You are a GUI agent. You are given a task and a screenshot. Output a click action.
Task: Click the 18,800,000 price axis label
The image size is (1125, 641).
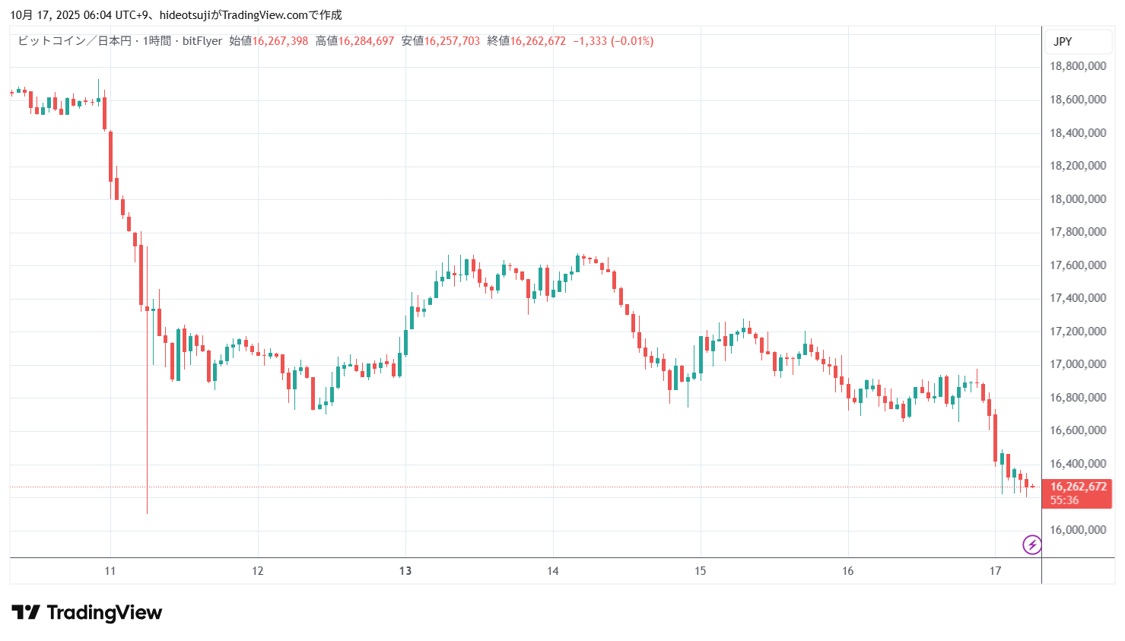click(1077, 66)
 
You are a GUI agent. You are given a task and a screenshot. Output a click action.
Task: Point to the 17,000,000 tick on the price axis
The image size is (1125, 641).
click(1077, 364)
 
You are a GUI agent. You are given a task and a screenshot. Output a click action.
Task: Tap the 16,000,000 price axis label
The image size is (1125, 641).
click(1077, 530)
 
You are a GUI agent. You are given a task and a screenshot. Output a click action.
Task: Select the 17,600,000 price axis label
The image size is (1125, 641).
click(1077, 265)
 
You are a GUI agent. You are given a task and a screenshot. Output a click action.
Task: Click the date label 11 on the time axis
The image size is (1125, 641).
click(110, 571)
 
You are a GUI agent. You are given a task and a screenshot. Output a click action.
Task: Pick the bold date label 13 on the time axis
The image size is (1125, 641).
click(405, 571)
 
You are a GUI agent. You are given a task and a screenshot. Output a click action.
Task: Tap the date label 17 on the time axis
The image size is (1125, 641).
click(995, 571)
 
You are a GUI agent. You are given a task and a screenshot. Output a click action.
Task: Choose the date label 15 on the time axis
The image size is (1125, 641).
click(700, 571)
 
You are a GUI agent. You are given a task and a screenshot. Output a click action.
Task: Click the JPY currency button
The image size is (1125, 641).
click(1063, 42)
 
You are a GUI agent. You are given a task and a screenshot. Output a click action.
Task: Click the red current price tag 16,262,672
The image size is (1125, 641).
click(1078, 487)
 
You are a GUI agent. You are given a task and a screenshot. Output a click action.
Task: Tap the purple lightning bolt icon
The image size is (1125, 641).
click(1032, 544)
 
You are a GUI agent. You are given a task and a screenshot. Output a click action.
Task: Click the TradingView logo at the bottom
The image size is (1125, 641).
click(87, 613)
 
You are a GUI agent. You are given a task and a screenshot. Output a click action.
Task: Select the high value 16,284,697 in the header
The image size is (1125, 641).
click(366, 41)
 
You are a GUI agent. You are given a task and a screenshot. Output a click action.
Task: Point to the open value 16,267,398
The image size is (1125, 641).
click(280, 41)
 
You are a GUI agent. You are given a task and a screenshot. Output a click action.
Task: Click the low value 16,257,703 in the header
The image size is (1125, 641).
click(452, 41)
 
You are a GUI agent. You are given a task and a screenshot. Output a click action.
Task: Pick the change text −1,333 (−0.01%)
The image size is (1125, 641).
click(613, 41)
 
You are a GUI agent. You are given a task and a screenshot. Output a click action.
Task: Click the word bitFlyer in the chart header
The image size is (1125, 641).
click(202, 41)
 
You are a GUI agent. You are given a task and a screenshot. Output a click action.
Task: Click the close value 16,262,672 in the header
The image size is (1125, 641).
click(538, 41)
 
